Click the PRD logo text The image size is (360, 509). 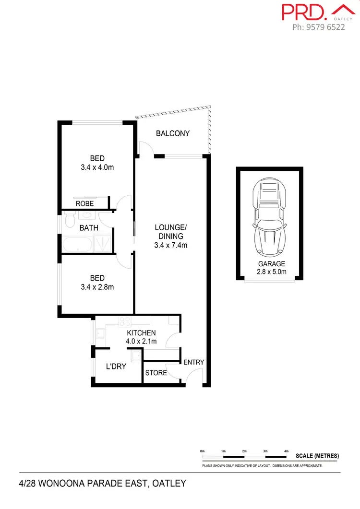(300, 12)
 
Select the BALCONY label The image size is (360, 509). (173, 134)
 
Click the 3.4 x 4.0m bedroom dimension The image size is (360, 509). (97, 168)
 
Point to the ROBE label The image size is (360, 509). (85, 203)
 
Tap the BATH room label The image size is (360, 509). (89, 228)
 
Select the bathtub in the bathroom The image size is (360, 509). (77, 244)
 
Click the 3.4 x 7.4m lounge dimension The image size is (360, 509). (170, 245)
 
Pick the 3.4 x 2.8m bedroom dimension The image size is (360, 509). (97, 287)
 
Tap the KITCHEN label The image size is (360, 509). (141, 333)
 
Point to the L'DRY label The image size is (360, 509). (116, 367)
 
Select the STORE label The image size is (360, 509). (156, 373)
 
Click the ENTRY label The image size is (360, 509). (194, 362)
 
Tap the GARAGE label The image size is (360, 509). (272, 264)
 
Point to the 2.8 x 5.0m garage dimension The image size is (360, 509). (272, 272)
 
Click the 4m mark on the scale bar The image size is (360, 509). (286, 451)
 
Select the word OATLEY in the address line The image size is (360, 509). (168, 484)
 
